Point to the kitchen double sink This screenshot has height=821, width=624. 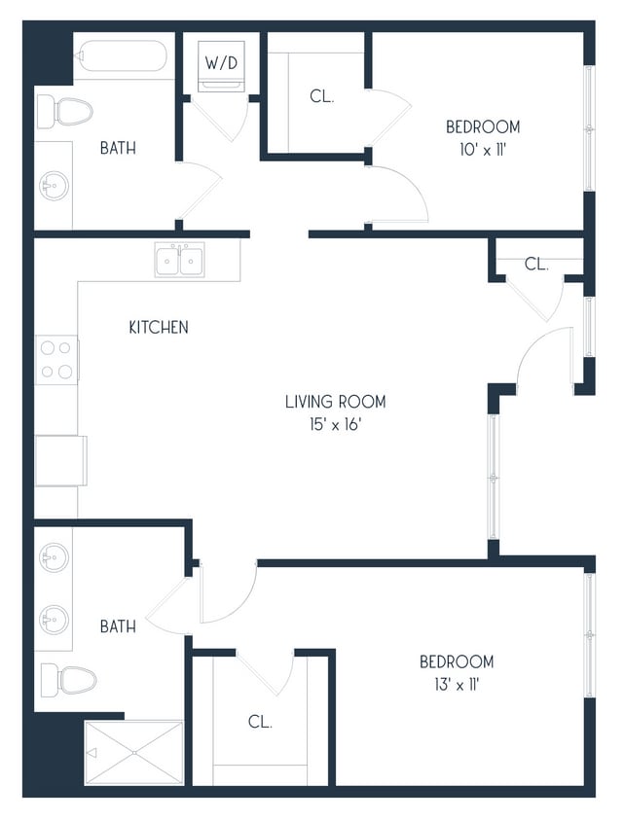click(179, 260)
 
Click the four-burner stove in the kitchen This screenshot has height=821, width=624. click(56, 359)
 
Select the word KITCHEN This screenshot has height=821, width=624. click(159, 328)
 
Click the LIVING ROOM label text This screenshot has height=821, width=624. click(335, 401)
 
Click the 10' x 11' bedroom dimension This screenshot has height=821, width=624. click(483, 150)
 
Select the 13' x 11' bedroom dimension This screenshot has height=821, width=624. click(457, 685)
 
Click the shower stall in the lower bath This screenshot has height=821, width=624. click(133, 752)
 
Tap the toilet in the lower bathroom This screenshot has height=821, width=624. click(67, 678)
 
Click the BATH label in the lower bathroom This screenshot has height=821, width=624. click(118, 627)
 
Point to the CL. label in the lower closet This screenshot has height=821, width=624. click(259, 722)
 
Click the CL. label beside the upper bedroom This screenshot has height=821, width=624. click(322, 97)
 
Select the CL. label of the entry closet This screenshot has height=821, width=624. click(536, 264)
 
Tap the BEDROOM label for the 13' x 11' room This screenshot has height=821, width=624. click(457, 661)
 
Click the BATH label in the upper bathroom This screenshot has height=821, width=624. click(118, 149)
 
